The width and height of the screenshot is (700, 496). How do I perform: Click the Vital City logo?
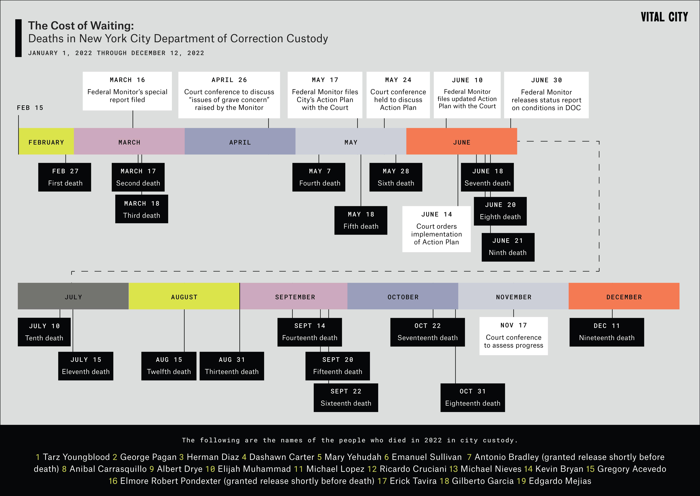tap(664, 17)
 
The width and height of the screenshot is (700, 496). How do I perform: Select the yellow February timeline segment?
tap(46, 141)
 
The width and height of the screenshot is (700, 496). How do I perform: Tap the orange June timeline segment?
tap(462, 141)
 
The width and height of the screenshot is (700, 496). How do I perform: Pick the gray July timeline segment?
tap(73, 296)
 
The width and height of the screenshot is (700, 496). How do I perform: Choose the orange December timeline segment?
tap(624, 296)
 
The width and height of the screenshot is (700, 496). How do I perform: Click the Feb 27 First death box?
tap(65, 177)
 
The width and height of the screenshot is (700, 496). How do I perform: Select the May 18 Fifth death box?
tap(361, 220)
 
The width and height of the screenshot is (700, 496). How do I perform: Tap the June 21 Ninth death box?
tap(508, 247)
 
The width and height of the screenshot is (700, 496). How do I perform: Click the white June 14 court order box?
tap(436, 229)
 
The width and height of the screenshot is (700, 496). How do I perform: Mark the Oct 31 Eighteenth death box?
tap(473, 398)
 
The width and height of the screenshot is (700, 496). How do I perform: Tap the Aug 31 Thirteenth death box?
tap(232, 366)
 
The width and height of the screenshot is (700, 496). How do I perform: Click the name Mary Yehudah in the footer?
tap(353, 457)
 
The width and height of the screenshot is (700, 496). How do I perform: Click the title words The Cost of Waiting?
tap(81, 26)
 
